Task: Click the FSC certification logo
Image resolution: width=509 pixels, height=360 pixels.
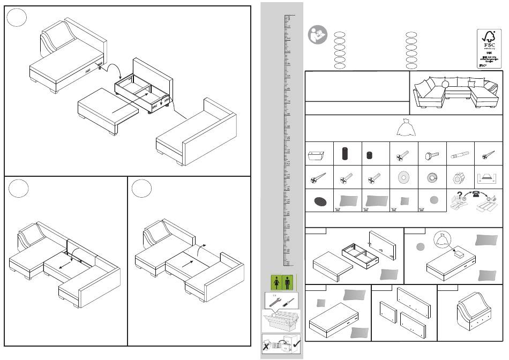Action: tap(488, 48)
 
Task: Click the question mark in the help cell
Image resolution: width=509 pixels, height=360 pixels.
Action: tap(459, 196)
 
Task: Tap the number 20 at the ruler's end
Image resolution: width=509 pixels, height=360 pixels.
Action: tap(288, 262)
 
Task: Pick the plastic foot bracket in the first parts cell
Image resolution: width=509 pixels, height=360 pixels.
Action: tap(318, 155)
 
